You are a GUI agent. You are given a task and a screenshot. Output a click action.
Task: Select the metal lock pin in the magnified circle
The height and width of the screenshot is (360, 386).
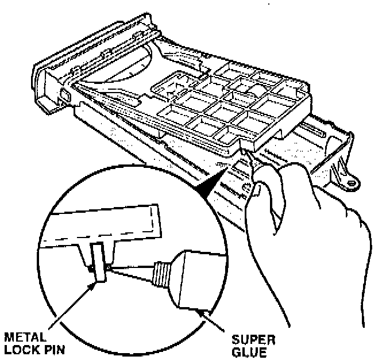tap(98, 262)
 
